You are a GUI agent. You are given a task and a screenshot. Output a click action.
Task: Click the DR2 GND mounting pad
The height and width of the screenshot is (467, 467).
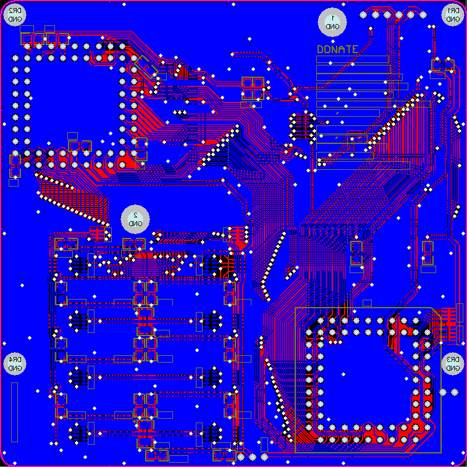pyautogui.click(x=15, y=15)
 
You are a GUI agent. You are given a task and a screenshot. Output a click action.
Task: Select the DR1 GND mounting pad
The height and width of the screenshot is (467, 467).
pyautogui.click(x=452, y=15)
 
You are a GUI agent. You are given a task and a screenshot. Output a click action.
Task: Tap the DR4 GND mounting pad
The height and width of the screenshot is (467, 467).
pyautogui.click(x=15, y=364)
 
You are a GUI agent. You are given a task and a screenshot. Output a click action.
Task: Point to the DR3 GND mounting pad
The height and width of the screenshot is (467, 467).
pyautogui.click(x=452, y=364)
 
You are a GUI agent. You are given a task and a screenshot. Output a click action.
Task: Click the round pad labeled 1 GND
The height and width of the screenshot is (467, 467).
pyautogui.click(x=332, y=22)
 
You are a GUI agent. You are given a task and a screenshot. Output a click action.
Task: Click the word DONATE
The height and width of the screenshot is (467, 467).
pyautogui.click(x=337, y=49)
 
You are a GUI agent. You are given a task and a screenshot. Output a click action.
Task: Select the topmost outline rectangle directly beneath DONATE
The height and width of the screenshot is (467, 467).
pyautogui.click(x=353, y=59)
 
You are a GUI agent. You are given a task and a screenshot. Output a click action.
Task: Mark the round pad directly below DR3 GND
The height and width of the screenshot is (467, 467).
pyautogui.click(x=442, y=392)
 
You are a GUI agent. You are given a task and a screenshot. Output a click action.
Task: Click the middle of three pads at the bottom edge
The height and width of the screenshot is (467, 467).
pyautogui.click(x=252, y=457)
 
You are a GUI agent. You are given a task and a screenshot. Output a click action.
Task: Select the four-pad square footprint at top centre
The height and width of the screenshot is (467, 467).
pyautogui.click(x=253, y=88)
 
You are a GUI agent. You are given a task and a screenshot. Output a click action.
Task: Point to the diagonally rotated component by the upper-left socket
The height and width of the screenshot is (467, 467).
pyautogui.click(x=143, y=65)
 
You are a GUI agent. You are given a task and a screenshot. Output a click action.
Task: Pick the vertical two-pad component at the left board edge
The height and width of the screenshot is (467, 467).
pyautogui.click(x=14, y=164)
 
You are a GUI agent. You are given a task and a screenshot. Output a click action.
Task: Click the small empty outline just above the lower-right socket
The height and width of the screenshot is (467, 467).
pyautogui.click(x=367, y=303)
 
